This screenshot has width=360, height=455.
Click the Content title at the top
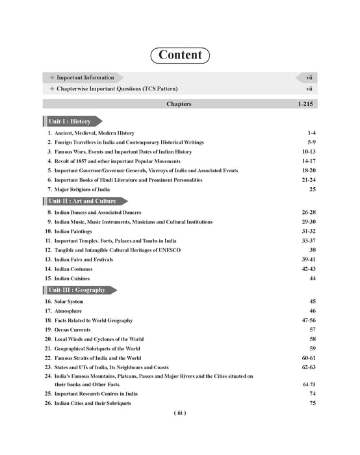click(x=179, y=55)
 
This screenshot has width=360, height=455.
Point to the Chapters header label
click(x=179, y=103)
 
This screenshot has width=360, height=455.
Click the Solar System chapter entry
click(x=71, y=302)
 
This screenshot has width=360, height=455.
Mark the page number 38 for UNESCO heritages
click(x=311, y=250)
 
